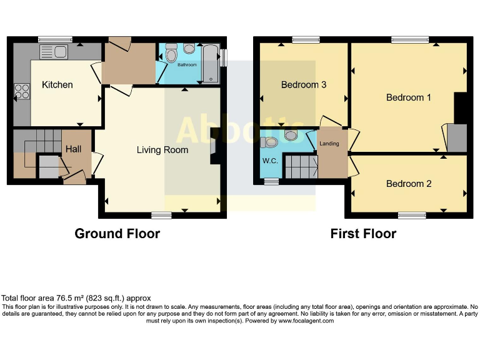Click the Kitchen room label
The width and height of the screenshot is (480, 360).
[57, 85]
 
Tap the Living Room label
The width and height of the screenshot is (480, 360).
[162, 150]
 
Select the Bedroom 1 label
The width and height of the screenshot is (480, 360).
[409, 97]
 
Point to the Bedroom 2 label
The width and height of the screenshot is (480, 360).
[409, 184]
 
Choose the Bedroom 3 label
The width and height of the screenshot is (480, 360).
[304, 85]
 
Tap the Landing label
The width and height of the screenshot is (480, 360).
[329, 144]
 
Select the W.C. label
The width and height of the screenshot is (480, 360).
[271, 161]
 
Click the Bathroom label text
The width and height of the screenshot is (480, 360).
[187, 65]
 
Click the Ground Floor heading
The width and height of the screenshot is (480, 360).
[117, 234]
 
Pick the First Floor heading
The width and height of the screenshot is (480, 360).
[363, 234]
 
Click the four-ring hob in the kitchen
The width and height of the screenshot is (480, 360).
[22, 91]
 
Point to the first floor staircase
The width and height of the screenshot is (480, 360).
[301, 166]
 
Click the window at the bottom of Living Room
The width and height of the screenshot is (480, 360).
[161, 216]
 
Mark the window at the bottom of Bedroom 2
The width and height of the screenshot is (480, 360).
[412, 216]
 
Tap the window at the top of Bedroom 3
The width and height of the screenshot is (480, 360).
[305, 40]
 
